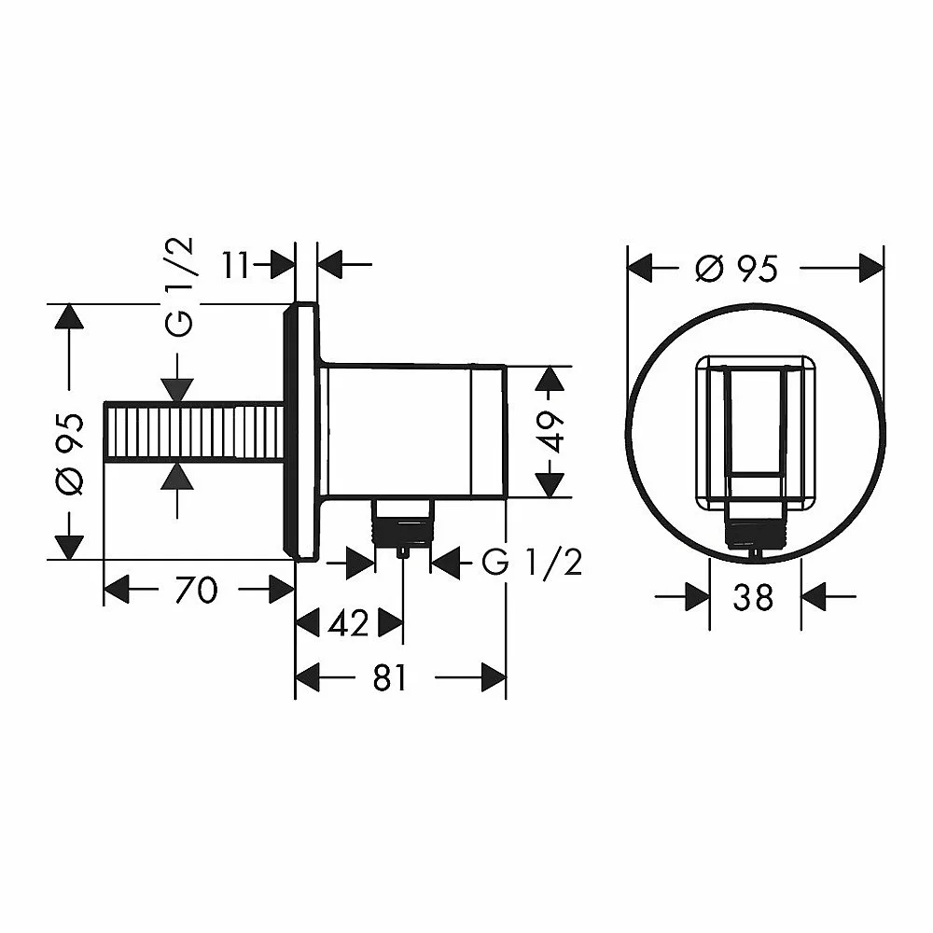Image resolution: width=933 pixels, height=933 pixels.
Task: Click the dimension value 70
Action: [x=197, y=590]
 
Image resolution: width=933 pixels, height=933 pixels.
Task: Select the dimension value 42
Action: [x=349, y=623]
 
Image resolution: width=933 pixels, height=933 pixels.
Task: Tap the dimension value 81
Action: [x=390, y=677]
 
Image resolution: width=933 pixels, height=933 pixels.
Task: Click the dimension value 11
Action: [x=236, y=265]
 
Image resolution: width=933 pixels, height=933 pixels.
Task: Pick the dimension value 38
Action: [x=753, y=597]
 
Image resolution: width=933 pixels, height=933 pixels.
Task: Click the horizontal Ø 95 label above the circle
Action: [x=736, y=269]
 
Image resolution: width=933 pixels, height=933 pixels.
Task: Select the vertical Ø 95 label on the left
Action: [x=70, y=454]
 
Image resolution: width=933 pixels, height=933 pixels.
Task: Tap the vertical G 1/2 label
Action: [x=179, y=286]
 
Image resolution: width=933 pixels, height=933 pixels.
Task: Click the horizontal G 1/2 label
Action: [x=532, y=562]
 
